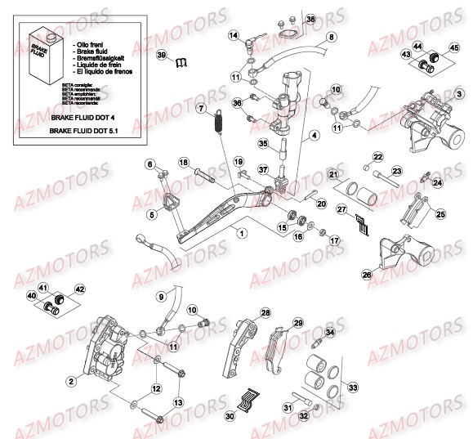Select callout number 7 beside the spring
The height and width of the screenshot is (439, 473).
199,108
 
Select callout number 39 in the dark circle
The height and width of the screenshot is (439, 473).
161,54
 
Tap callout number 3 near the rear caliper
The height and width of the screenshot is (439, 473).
460,95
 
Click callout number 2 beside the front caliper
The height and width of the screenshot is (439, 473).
71,380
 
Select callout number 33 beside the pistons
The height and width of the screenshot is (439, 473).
353,387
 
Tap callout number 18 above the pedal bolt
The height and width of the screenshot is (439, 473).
183,163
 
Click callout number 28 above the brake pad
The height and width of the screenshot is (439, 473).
265,313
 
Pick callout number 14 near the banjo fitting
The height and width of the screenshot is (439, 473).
234,35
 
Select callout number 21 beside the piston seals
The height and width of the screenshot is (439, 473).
333,175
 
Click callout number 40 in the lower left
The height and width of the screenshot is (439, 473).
32,295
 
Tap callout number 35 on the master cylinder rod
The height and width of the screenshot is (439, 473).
263,143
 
